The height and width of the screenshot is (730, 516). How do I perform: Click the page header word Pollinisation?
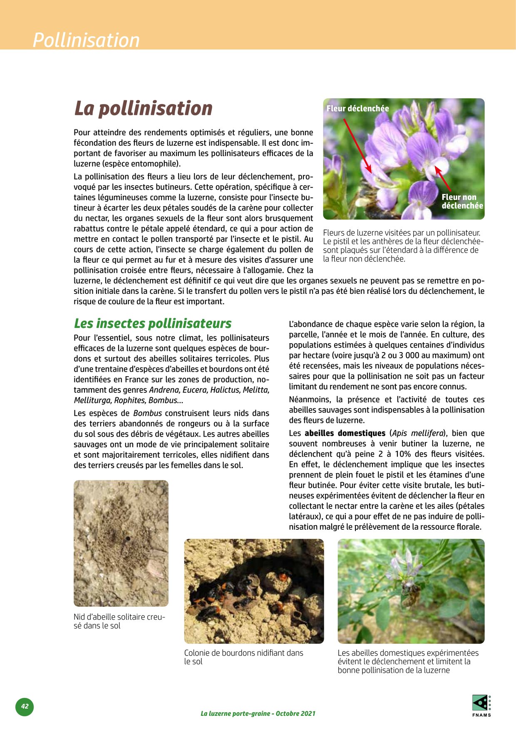(x=86, y=40)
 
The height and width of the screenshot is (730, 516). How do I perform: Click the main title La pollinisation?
(x=143, y=108)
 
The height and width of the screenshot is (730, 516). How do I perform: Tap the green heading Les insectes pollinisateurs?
(x=153, y=323)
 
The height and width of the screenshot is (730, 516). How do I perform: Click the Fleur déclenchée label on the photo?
(x=357, y=109)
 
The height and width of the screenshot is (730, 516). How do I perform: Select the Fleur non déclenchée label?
(x=462, y=201)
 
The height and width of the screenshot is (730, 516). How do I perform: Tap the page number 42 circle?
(x=25, y=706)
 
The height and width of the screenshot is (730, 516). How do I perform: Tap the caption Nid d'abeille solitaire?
(x=119, y=621)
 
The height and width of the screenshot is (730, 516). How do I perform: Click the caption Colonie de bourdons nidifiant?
(x=243, y=657)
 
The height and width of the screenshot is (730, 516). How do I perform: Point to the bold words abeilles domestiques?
(x=345, y=433)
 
